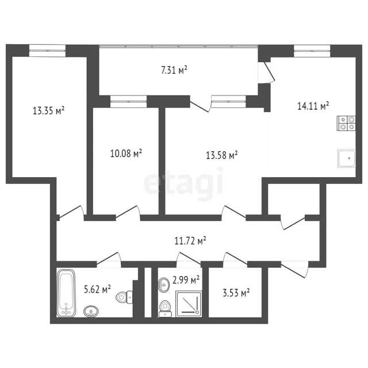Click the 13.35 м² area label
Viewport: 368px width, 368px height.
coord(48,110)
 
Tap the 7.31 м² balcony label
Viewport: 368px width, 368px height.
coord(174,70)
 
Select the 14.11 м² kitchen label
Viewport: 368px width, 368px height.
coord(313,106)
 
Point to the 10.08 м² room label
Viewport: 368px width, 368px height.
coord(126,154)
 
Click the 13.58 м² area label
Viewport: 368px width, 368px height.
coord(222,155)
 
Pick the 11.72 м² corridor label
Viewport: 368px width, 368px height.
coord(190,240)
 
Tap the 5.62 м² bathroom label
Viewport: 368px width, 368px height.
coord(97,289)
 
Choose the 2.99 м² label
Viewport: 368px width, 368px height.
coord(186,280)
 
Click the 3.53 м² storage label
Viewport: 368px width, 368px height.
coord(236,293)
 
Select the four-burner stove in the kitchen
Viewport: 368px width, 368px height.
coord(346,123)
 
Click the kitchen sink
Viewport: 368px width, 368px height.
coord(347,158)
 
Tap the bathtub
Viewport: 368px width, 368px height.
coord(66,293)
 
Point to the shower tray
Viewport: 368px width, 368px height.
coord(189,304)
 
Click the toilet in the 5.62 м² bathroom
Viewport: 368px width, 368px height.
coord(124,297)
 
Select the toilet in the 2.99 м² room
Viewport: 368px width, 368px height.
coord(165,309)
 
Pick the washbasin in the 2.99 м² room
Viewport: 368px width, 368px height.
coord(163,285)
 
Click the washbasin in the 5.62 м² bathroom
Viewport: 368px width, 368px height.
coord(91,312)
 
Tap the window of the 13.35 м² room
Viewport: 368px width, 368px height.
coord(47,51)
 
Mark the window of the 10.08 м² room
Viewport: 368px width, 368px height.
coord(128,102)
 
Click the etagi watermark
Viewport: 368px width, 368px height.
coord(183,182)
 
